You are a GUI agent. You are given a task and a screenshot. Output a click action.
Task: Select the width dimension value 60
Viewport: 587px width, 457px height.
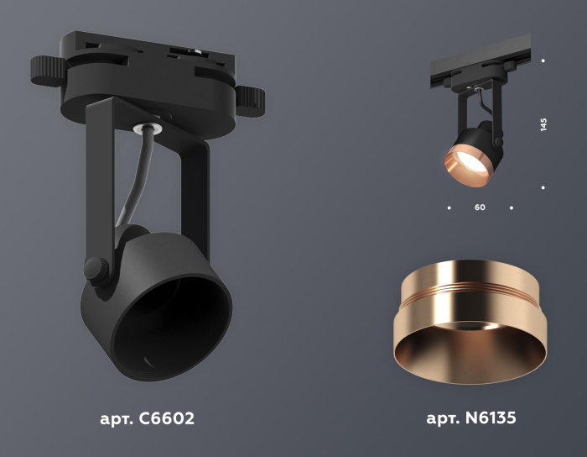tap(480, 207)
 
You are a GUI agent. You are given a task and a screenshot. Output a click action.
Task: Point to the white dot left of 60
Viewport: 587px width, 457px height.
tap(449, 207)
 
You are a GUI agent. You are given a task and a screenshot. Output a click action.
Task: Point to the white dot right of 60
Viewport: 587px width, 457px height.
tap(512, 207)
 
